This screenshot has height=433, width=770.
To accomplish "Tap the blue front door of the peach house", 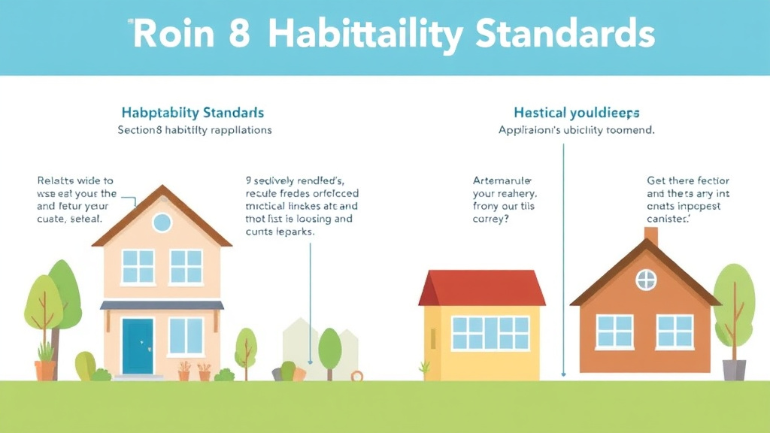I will point(138,345).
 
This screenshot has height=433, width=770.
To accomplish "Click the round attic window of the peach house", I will point(162,222).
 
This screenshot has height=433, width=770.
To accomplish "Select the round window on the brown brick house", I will point(646,280).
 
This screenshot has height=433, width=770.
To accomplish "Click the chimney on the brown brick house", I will point(651,235).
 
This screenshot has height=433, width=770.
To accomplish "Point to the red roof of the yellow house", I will point(482,288).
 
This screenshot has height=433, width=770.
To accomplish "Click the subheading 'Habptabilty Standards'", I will point(192,113).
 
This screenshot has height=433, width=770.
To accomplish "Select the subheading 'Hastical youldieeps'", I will point(577,113).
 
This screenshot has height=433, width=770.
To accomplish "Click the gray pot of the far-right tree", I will point(734,369).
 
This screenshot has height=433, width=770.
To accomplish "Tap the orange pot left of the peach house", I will point(45,370).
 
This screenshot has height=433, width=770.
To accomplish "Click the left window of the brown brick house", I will point(615,332).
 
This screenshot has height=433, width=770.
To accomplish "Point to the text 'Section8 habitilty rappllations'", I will point(195,129).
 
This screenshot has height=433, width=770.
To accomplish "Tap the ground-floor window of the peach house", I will point(186,336).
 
